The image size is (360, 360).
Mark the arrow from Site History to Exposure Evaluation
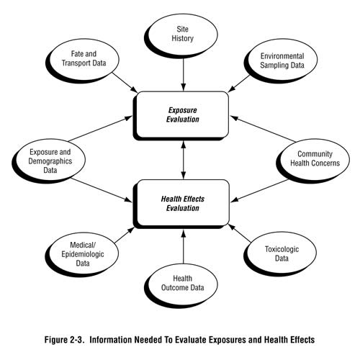183,72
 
